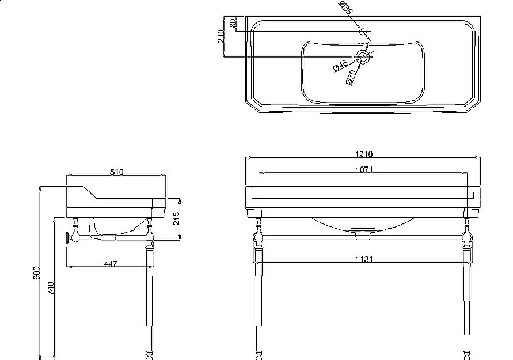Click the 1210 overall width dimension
point(364,154)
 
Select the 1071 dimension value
point(364,169)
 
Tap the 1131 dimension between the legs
point(364,259)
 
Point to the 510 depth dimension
point(117,172)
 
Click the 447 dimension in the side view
point(110,263)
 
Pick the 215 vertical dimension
point(176,218)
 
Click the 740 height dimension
point(51,288)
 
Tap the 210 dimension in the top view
point(221,36)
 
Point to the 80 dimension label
point(233,23)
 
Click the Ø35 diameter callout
point(346,7)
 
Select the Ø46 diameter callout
point(340,66)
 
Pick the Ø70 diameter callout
point(351,77)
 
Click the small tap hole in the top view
point(363,32)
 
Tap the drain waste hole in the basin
point(363,57)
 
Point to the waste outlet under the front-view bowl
point(363,236)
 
